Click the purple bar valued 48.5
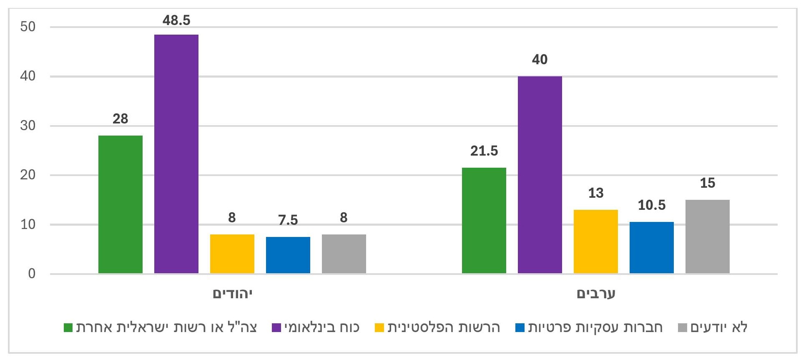(x=176, y=154)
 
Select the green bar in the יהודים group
(x=121, y=204)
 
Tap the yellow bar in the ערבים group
(x=595, y=242)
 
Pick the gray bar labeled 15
(x=707, y=237)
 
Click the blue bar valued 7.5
(x=288, y=255)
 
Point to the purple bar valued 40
(x=540, y=175)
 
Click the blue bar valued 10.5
(x=651, y=247)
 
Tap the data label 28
(x=121, y=119)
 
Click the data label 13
(x=595, y=193)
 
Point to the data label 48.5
(x=176, y=20)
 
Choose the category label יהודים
(x=233, y=294)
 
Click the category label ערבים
(x=596, y=294)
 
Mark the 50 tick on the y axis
(x=28, y=27)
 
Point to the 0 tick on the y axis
(x=32, y=274)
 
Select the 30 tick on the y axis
(x=28, y=126)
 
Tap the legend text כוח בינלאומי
(x=322, y=327)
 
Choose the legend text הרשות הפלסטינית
(x=444, y=327)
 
